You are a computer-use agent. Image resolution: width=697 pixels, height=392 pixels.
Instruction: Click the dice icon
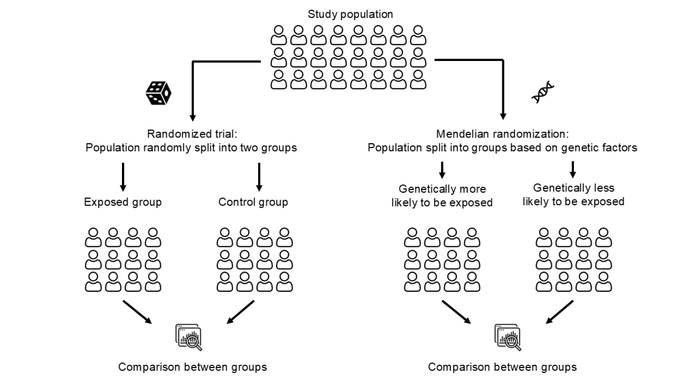[158, 93]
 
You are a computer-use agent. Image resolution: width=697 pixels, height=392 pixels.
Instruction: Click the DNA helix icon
[543, 92]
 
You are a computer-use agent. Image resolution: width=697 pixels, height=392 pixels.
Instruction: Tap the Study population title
[350, 14]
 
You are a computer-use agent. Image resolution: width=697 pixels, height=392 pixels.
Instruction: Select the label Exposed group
[123, 202]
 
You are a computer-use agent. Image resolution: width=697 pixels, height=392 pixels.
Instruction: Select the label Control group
[253, 202]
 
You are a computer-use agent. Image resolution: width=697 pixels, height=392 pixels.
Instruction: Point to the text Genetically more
[442, 189]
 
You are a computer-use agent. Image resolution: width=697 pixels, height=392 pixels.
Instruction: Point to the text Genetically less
[573, 188]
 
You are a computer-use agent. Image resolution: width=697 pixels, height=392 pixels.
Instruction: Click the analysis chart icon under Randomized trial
[189, 337]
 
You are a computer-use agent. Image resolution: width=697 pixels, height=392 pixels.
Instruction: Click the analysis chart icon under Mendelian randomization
[508, 337]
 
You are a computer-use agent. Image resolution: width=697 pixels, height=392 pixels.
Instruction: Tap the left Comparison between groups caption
[192, 367]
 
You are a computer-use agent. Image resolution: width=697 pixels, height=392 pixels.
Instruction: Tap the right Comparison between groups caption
[502, 367]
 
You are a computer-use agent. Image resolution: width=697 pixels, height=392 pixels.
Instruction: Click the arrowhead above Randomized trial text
[192, 117]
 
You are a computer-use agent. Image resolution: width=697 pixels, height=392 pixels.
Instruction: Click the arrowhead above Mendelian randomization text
[503, 116]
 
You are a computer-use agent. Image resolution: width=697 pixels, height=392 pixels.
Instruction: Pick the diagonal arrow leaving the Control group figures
[240, 312]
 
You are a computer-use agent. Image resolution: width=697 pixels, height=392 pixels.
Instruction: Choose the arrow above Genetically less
[573, 170]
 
